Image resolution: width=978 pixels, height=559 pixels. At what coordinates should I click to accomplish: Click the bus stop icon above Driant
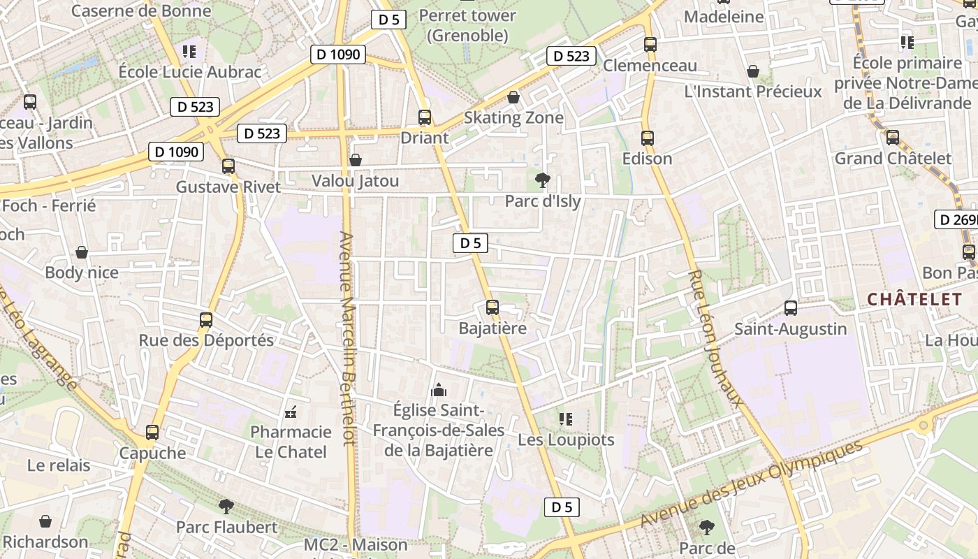coord(424,117)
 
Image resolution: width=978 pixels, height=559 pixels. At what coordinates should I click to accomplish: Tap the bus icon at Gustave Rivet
coord(228,166)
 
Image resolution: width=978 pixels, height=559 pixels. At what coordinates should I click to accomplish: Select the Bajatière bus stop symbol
coord(492,307)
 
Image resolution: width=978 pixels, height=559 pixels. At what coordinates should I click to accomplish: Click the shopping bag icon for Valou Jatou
coord(356,160)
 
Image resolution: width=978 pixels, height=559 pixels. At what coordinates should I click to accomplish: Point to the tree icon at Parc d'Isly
coord(542,180)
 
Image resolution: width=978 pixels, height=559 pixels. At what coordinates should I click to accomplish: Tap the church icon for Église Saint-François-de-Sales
coord(439,389)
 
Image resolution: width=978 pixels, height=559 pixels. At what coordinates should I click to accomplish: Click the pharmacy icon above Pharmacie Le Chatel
coord(291,412)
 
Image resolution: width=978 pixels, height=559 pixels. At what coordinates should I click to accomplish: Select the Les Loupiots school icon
coord(566,419)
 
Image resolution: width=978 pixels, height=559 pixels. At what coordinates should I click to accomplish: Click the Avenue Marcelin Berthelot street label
coord(347,338)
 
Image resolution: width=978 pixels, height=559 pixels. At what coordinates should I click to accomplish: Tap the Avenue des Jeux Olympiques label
coord(752,484)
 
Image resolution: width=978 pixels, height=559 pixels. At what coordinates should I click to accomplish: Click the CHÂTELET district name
coord(914,300)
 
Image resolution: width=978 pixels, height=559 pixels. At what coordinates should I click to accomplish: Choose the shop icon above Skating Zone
coord(513,97)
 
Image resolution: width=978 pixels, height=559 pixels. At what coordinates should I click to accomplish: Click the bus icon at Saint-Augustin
coord(791,307)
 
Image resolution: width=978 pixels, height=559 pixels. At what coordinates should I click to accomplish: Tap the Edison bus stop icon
coord(648,138)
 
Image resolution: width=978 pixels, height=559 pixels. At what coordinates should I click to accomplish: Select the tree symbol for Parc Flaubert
coord(226,505)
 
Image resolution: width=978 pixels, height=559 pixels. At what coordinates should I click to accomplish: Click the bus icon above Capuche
coord(152,432)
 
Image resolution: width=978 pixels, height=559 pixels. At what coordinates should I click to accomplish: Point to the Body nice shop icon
coord(82,252)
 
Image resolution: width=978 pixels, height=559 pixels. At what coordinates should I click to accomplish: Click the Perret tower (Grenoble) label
coord(468,25)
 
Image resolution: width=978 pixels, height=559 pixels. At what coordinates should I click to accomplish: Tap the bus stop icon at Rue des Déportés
coord(206,320)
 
